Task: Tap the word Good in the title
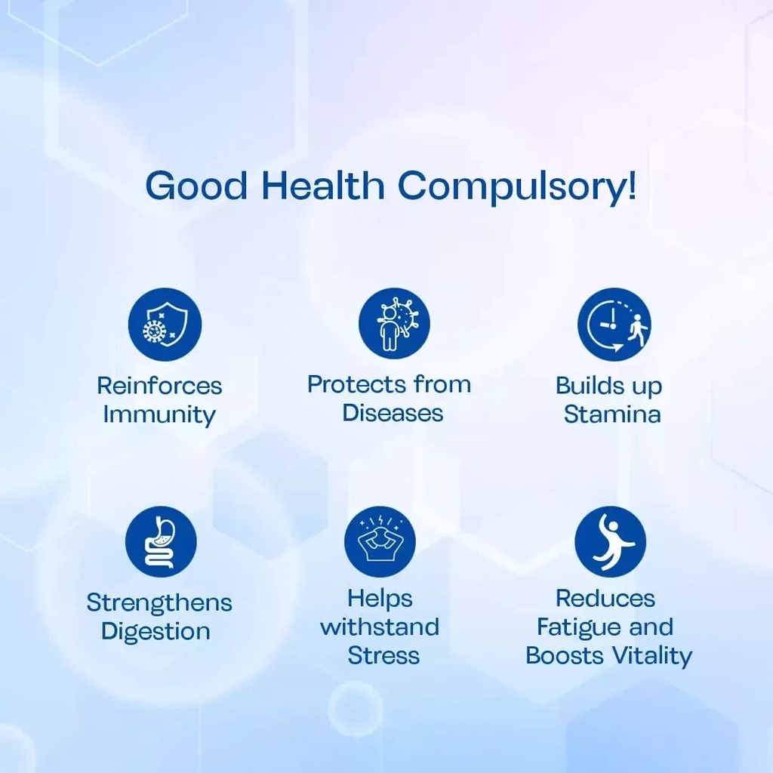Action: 197,186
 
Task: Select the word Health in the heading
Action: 323,185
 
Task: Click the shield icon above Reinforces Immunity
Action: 165,325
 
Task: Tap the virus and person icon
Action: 394,323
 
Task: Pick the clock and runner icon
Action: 614,325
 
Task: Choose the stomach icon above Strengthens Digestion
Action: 161,542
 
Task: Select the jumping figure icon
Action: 610,542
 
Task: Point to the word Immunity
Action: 159,415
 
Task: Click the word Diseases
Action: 393,413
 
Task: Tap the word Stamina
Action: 612,414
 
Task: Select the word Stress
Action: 383,656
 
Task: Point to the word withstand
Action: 380,627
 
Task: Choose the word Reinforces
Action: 159,386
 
